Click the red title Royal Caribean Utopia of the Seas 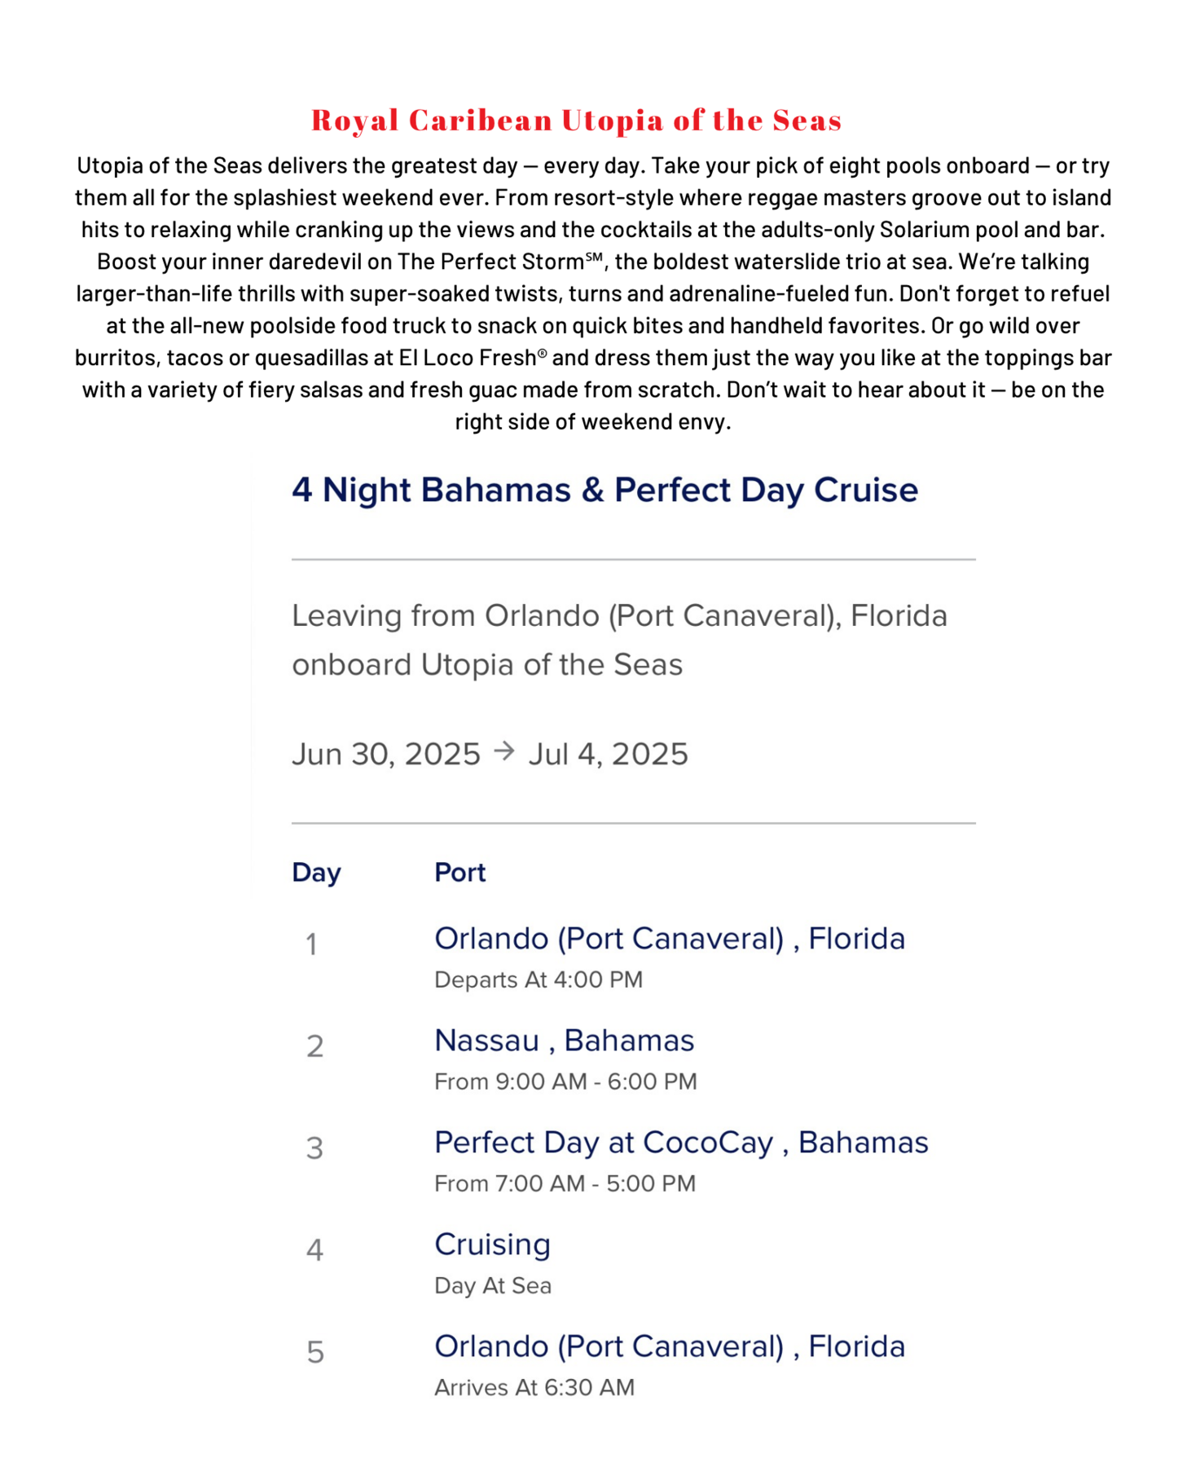point(576,120)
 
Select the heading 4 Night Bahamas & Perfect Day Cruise point(604,490)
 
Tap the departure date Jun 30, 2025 point(386,754)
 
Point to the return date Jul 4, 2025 point(608,754)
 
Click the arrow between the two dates point(504,751)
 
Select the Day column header point(316,872)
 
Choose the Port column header point(459,872)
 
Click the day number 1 point(311,945)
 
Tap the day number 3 point(314,1148)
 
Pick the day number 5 point(315,1352)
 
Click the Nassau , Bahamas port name point(564,1041)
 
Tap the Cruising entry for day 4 point(492,1245)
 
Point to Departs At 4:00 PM point(539,980)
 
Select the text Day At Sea point(493,1285)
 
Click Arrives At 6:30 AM point(534,1387)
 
